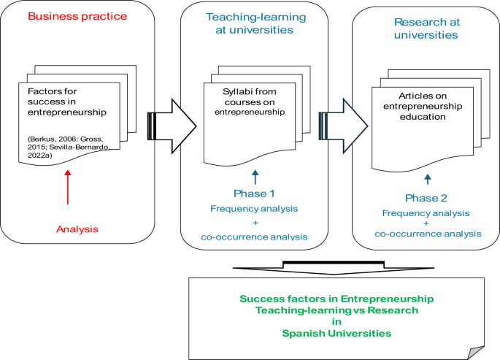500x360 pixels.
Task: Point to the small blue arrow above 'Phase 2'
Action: pyautogui.click(x=428, y=178)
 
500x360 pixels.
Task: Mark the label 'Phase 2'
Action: pyautogui.click(x=427, y=197)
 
